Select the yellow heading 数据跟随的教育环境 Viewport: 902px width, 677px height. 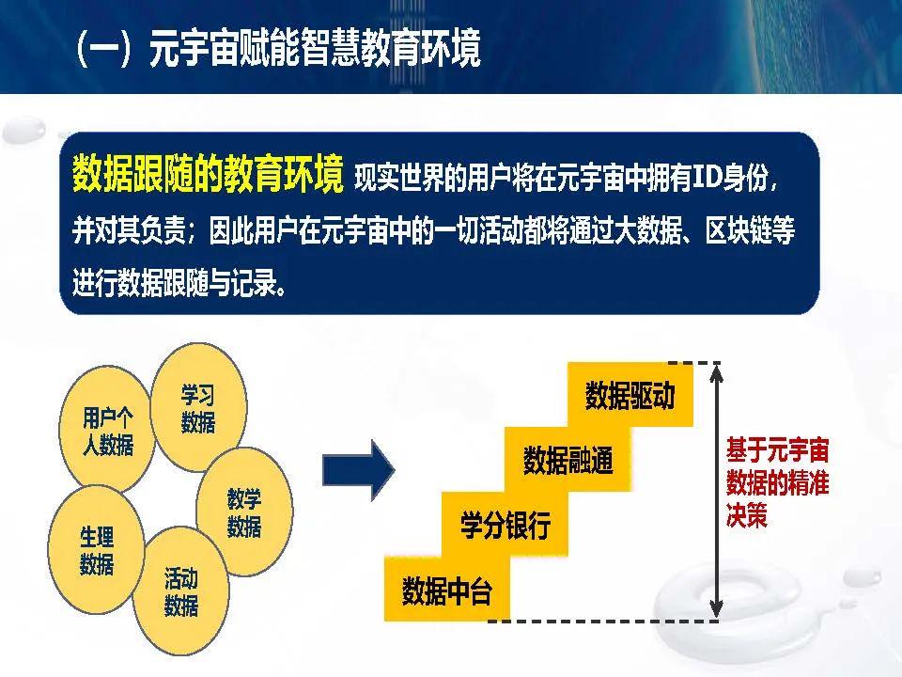[x=208, y=173]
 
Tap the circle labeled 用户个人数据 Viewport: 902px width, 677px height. [x=107, y=430]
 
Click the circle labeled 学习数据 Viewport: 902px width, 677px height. [x=198, y=407]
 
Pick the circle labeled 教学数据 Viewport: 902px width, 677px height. [x=244, y=512]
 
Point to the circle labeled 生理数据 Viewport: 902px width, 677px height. [x=96, y=550]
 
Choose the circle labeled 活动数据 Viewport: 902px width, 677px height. [x=181, y=591]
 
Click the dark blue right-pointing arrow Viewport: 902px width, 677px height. [x=358, y=470]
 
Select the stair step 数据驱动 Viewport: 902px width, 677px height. [x=630, y=395]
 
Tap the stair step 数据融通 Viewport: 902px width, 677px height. [x=568, y=460]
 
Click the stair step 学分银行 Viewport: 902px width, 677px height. [x=505, y=525]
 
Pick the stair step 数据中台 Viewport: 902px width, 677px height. [x=447, y=589]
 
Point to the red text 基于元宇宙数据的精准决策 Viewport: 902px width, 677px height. [x=777, y=482]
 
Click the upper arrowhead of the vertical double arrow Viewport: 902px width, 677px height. [x=716, y=373]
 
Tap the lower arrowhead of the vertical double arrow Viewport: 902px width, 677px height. [x=716, y=609]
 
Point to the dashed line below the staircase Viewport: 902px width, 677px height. [x=603, y=622]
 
